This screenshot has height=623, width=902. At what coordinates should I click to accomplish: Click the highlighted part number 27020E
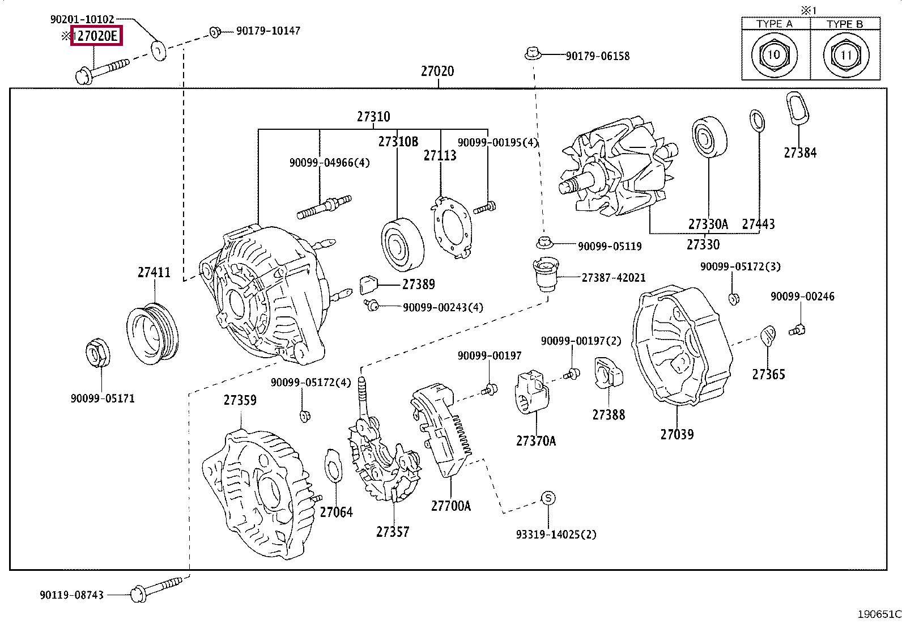[x=96, y=36]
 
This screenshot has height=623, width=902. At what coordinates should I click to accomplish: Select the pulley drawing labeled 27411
[x=152, y=334]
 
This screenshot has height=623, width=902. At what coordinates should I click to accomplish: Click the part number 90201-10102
[x=82, y=19]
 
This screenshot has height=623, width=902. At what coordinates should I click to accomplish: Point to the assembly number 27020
[x=437, y=71]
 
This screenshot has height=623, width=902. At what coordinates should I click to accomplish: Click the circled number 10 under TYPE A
[x=773, y=56]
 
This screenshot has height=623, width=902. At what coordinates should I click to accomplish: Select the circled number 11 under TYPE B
[x=845, y=56]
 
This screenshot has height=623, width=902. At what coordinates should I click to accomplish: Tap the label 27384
[x=800, y=152]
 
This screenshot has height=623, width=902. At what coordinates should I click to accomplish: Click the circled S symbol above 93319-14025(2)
[x=548, y=498]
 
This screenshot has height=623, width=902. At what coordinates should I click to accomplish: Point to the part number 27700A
[x=450, y=506]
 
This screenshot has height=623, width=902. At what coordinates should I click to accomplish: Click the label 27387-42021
[x=614, y=278]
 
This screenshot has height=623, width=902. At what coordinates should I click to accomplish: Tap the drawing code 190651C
[x=878, y=614]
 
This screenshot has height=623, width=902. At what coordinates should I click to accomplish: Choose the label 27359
[x=240, y=400]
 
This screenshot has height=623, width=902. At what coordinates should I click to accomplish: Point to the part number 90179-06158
[x=598, y=56]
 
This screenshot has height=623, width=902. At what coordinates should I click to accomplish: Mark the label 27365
[x=768, y=374]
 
